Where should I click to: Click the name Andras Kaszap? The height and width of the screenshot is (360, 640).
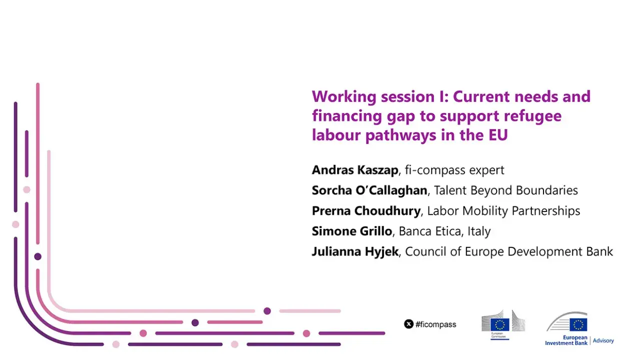(x=355, y=170)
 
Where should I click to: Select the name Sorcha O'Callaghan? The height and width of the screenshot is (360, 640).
(x=369, y=190)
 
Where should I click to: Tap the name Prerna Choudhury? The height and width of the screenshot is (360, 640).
(x=366, y=211)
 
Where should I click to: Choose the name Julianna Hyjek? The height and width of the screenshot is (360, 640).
(x=355, y=251)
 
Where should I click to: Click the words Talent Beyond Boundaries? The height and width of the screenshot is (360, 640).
(x=505, y=190)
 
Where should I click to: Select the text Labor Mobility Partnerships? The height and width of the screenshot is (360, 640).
(x=503, y=211)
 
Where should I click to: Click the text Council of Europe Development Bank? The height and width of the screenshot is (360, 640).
(x=509, y=251)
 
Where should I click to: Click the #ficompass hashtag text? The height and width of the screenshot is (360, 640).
(x=435, y=324)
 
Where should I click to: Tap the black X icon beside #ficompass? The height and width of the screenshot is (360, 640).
(x=408, y=324)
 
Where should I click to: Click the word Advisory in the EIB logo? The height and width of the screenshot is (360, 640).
(x=603, y=340)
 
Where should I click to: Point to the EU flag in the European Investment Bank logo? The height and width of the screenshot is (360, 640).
(x=578, y=324)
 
